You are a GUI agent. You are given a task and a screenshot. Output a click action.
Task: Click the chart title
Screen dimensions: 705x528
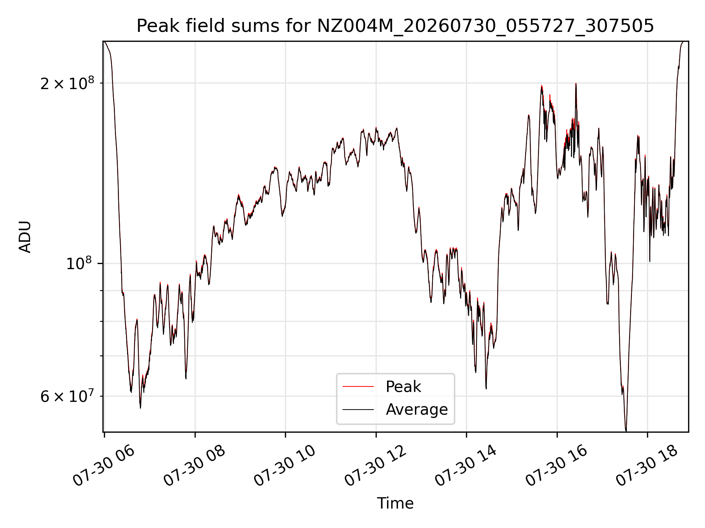coord(395,26)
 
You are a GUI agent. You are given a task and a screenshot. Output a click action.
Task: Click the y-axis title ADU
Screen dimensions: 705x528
coord(25,237)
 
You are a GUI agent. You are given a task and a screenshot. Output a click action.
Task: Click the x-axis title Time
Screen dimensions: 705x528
coord(395,503)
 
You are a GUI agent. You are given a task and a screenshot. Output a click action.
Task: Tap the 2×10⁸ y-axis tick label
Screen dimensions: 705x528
coord(67,84)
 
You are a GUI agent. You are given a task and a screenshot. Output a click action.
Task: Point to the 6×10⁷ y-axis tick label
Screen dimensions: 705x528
coord(67,396)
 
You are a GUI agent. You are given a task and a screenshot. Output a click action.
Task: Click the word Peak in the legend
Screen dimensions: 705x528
coord(403,387)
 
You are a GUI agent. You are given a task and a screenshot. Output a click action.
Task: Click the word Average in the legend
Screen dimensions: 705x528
coord(417,410)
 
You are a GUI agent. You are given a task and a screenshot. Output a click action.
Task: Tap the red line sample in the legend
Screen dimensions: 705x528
coord(358,386)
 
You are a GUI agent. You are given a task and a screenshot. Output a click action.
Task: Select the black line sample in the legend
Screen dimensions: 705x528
coord(358,409)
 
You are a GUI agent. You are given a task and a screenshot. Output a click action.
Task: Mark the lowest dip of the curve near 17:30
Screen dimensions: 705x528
coord(626,430)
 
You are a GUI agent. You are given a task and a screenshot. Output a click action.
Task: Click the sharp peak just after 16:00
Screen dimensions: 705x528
coord(576,84)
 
